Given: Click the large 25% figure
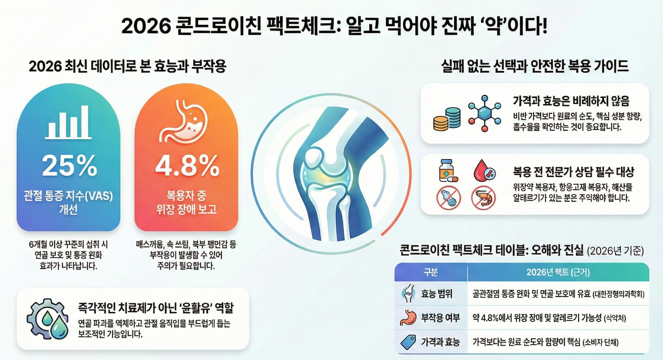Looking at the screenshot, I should point(69,166).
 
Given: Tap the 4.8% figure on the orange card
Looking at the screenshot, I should point(187,166).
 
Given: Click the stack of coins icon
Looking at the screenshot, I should point(447,119).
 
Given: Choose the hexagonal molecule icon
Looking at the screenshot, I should point(485,113).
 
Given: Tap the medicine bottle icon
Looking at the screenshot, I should point(448,170).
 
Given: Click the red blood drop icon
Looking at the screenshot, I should point(484,170).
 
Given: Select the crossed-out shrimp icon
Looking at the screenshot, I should point(484,198).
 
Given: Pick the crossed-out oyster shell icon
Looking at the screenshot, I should point(448,198).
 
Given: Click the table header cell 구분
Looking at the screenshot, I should point(431,272).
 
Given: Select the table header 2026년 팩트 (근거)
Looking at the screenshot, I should point(558,272).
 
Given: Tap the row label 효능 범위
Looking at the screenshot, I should point(437,294).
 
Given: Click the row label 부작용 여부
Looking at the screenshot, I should point(440,318).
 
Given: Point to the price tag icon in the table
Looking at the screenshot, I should point(408,342).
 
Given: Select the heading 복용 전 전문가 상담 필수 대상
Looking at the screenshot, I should point(573,172).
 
